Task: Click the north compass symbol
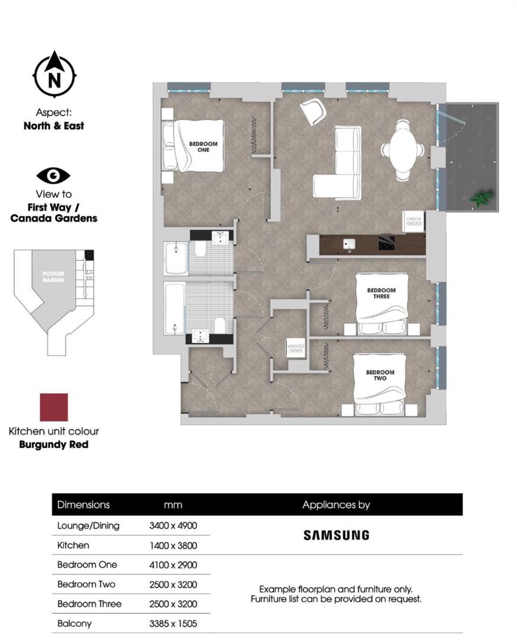pos(54,75)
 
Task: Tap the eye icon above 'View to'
pos(53,175)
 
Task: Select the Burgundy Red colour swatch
pos(53,407)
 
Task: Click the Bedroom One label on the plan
pos(203,146)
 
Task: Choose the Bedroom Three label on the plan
pos(381,293)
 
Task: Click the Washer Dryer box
pos(295,347)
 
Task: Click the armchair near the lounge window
pos(312,111)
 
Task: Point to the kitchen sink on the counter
pos(349,244)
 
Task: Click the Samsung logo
pos(336,535)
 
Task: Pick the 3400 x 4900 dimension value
pos(173,526)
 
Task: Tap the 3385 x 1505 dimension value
pos(173,623)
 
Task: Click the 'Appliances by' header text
pos(336,505)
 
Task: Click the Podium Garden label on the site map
pos(53,276)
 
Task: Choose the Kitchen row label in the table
pos(73,545)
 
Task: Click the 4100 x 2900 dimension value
pos(173,565)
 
